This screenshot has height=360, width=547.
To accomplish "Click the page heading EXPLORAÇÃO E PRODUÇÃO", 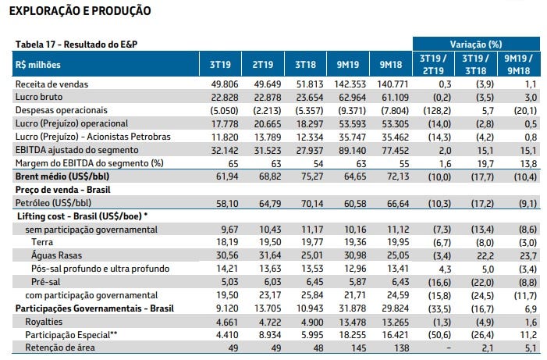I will (80, 11).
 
